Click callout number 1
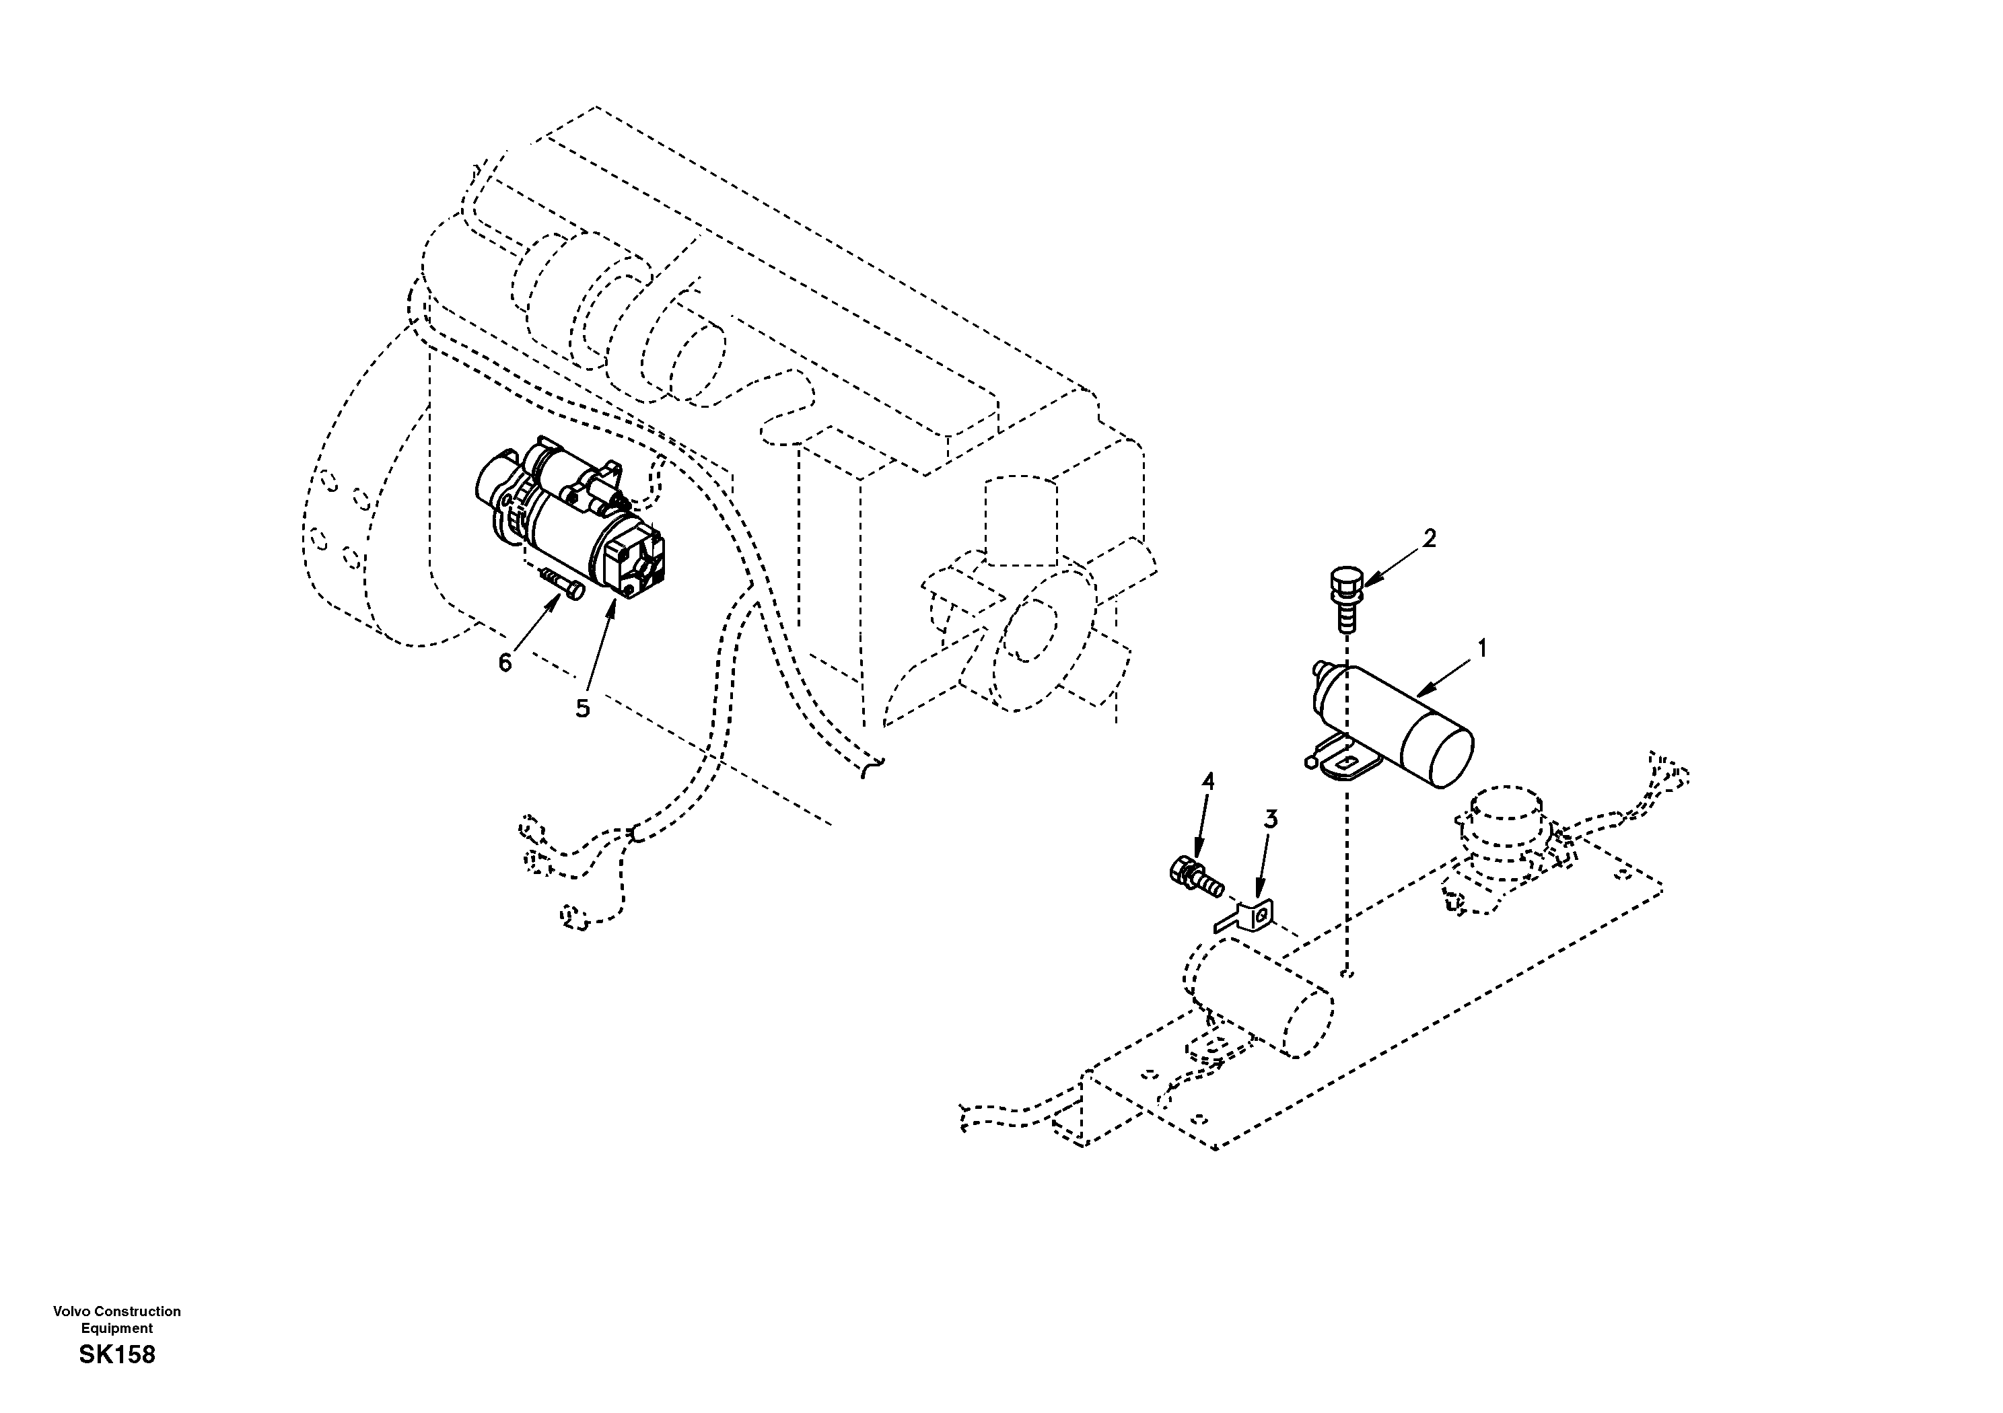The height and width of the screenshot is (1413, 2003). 1481,649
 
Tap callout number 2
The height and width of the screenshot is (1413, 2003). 1428,538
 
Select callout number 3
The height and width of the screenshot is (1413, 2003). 1271,819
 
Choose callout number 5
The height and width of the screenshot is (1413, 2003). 582,709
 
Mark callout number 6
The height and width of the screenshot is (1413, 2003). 505,663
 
